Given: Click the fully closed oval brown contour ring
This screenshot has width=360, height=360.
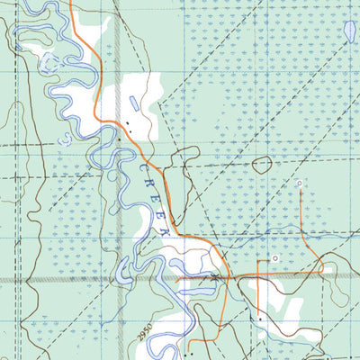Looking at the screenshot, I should [x=262, y=165].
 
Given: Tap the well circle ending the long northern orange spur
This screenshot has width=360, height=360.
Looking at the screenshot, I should [x=300, y=184].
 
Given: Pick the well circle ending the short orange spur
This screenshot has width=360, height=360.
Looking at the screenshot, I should [x=276, y=258].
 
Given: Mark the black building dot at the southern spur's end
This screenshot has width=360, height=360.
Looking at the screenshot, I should [x=260, y=319].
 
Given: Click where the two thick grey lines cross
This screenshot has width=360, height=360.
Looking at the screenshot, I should [x=118, y=280].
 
